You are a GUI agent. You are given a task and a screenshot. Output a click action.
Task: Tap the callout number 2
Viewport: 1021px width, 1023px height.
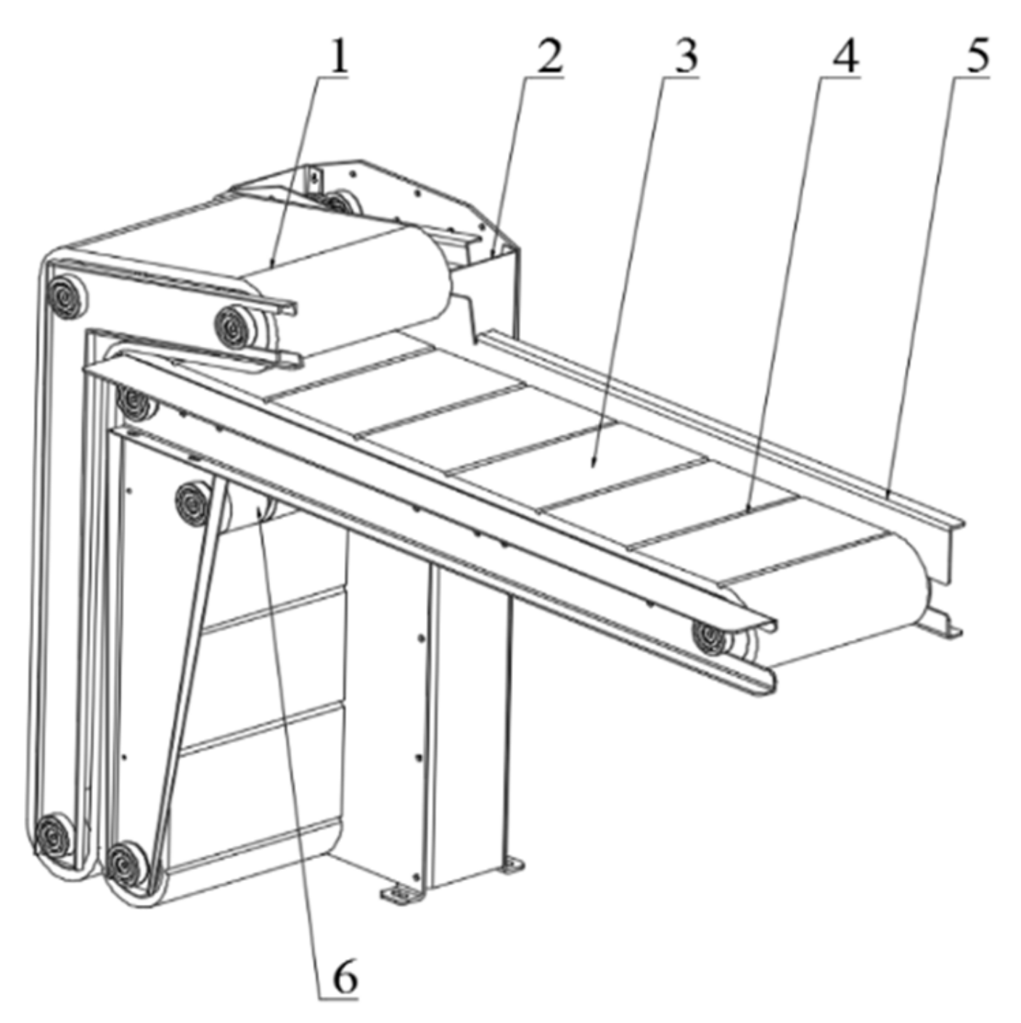coord(548,57)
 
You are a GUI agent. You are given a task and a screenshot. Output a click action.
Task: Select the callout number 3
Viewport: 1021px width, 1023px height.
coord(685,57)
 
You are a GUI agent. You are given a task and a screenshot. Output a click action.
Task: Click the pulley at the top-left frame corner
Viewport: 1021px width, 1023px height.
coord(66,297)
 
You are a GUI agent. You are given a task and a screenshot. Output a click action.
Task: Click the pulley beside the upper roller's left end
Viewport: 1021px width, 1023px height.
coord(234,327)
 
